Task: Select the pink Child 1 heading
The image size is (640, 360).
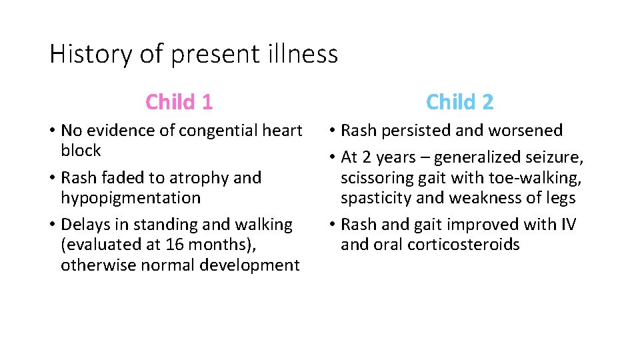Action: click(179, 102)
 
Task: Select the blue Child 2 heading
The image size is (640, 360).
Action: click(460, 102)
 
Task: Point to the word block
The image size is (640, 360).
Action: click(81, 151)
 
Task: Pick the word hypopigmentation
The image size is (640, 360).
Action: click(131, 198)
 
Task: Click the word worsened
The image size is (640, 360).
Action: click(527, 131)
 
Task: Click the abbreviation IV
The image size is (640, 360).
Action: click(567, 225)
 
